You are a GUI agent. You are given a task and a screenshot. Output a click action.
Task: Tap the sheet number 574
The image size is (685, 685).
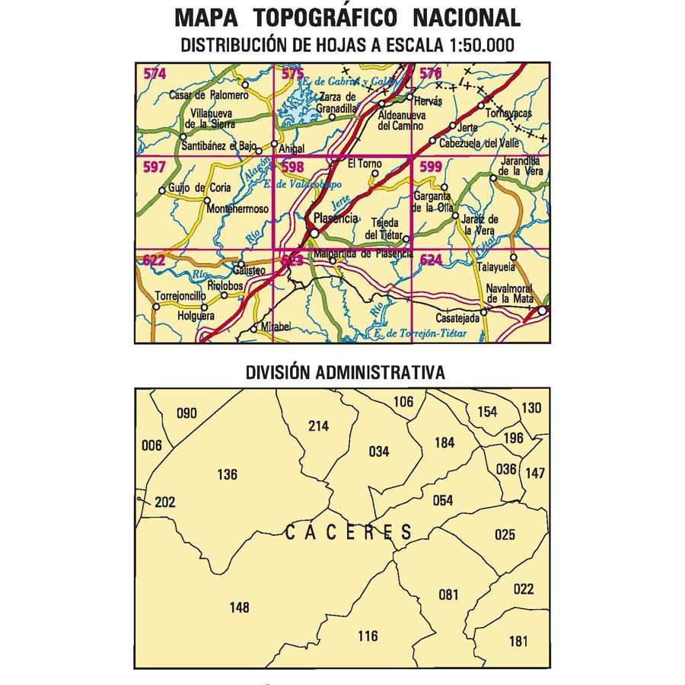[155, 74]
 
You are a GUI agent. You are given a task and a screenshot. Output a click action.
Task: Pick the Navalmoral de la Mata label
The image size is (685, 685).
[510, 293]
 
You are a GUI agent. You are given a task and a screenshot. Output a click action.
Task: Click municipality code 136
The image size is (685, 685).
[227, 475]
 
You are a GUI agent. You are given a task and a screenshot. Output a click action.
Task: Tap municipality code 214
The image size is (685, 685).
[318, 426]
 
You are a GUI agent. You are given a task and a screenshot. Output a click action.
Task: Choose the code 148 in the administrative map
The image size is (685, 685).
[239, 607]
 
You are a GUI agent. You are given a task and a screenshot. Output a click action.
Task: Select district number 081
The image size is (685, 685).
[449, 594]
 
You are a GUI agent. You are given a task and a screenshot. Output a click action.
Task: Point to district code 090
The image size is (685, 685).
[186, 414]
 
